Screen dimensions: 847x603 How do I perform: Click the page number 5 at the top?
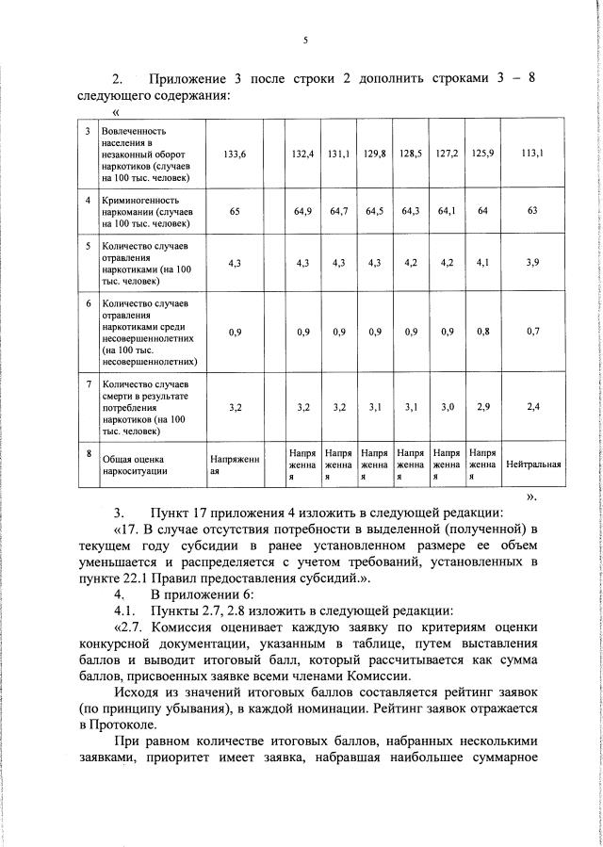click(305, 40)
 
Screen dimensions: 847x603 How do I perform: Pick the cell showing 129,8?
click(375, 153)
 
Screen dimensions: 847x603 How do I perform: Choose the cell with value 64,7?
click(339, 212)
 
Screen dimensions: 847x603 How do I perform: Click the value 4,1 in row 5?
click(482, 264)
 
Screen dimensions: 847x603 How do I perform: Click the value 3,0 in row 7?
click(447, 408)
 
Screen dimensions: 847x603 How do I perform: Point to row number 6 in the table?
click(88, 304)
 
